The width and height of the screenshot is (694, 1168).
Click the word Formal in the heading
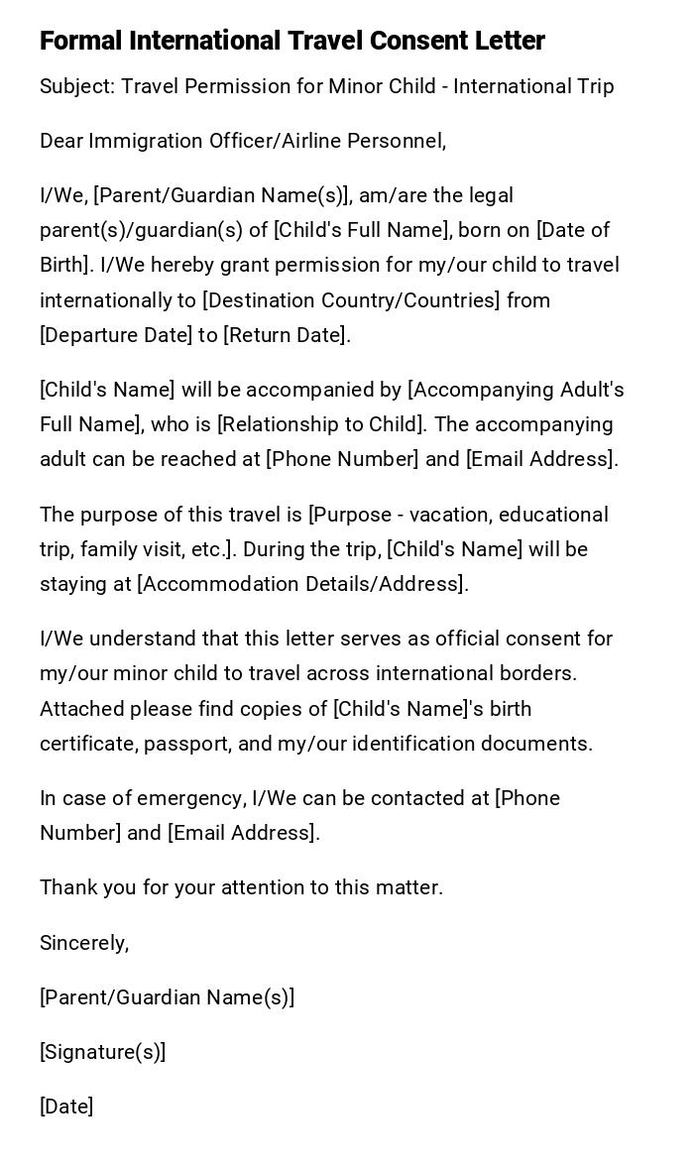pos(80,41)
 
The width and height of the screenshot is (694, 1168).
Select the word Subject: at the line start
pos(77,86)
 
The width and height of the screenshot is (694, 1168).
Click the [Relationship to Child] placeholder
pos(322,424)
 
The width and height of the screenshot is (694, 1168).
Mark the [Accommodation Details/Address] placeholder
pos(301,584)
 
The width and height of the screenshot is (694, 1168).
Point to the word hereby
pos(180,265)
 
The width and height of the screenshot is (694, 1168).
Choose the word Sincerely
pos(84,943)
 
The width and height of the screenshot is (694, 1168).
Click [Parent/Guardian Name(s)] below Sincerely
pos(167,997)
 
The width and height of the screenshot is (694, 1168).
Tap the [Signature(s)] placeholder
pos(102,1052)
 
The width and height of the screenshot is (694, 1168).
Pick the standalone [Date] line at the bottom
pos(66,1107)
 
